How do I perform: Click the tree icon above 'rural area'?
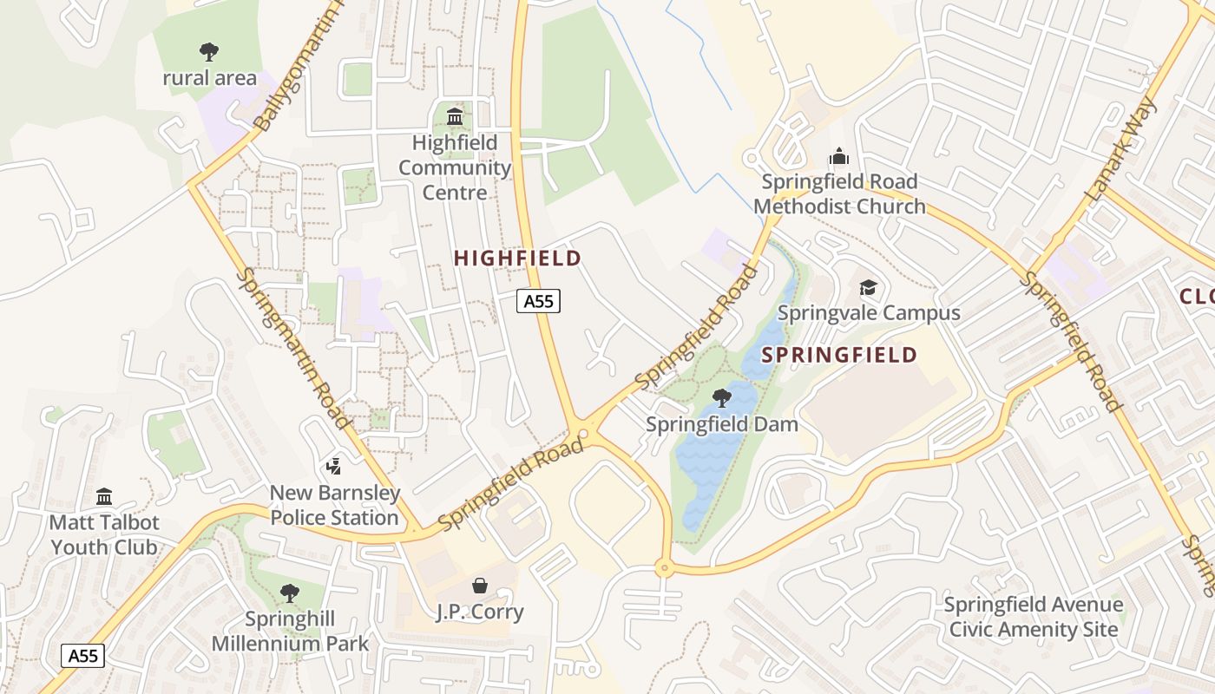point(209,51)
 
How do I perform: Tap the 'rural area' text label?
point(210,78)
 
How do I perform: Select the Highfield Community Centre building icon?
point(454,116)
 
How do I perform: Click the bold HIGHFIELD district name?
point(517,258)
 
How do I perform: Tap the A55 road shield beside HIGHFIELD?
point(539,301)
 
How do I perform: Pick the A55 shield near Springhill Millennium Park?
point(83,656)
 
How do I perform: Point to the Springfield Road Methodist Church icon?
point(838,157)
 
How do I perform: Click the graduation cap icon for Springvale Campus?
point(868,287)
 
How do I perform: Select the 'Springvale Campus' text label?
point(869,313)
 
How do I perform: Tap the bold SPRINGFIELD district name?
point(839,355)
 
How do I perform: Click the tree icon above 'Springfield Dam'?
point(721,398)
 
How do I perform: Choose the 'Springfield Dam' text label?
point(722,424)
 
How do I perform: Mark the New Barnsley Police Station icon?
point(333,468)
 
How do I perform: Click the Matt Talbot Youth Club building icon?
point(104,497)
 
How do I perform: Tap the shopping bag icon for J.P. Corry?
point(480,586)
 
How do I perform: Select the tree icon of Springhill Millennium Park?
point(290,593)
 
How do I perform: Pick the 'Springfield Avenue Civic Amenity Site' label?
point(1033,617)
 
